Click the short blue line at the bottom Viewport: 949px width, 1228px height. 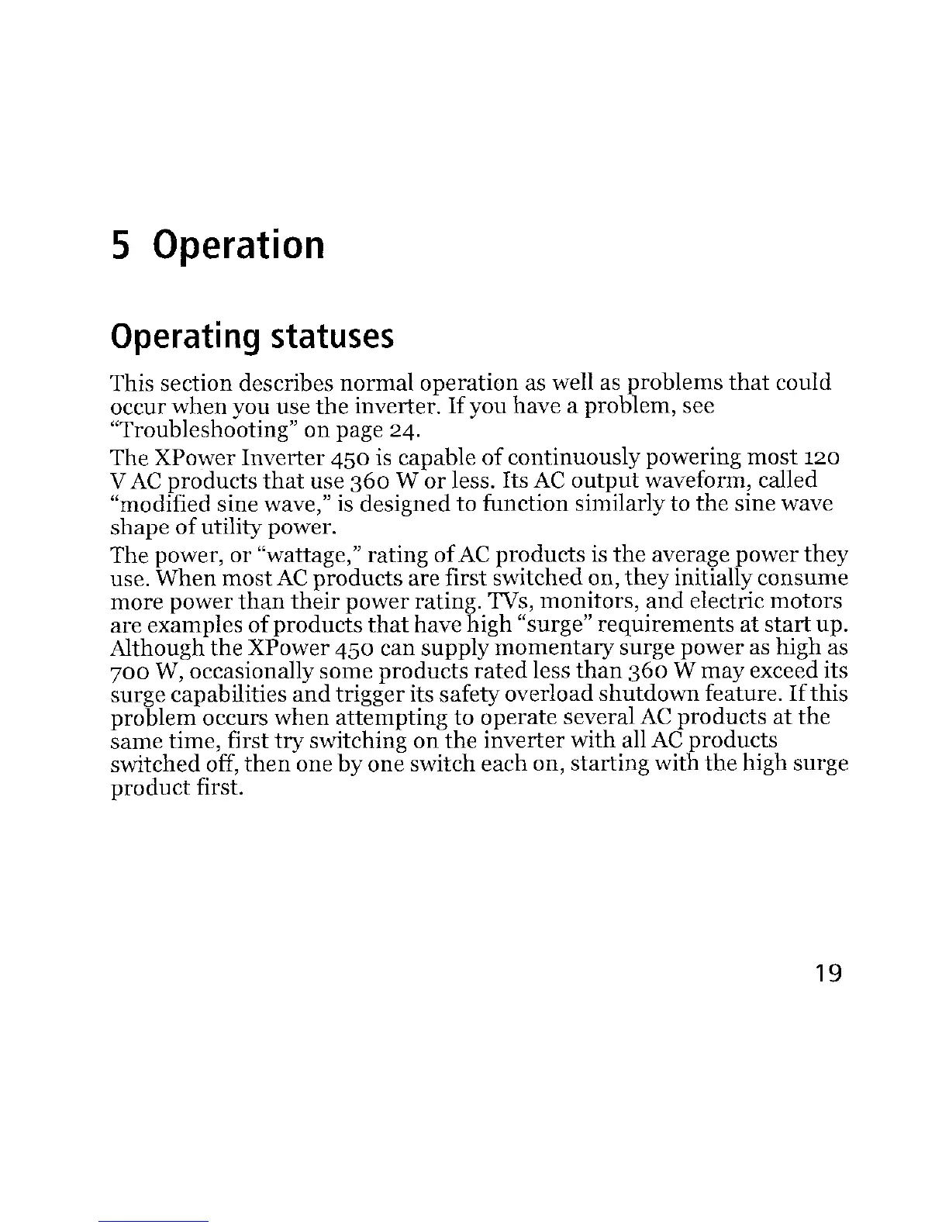tap(155, 1222)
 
